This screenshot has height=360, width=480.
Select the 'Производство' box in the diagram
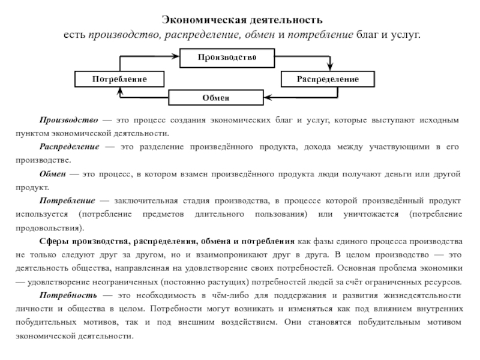(x=227, y=57)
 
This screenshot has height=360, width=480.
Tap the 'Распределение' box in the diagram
(x=328, y=79)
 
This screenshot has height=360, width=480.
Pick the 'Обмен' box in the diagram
(x=216, y=97)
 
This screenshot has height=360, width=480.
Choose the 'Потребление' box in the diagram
(x=119, y=79)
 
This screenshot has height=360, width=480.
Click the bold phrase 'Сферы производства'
(x=83, y=241)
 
